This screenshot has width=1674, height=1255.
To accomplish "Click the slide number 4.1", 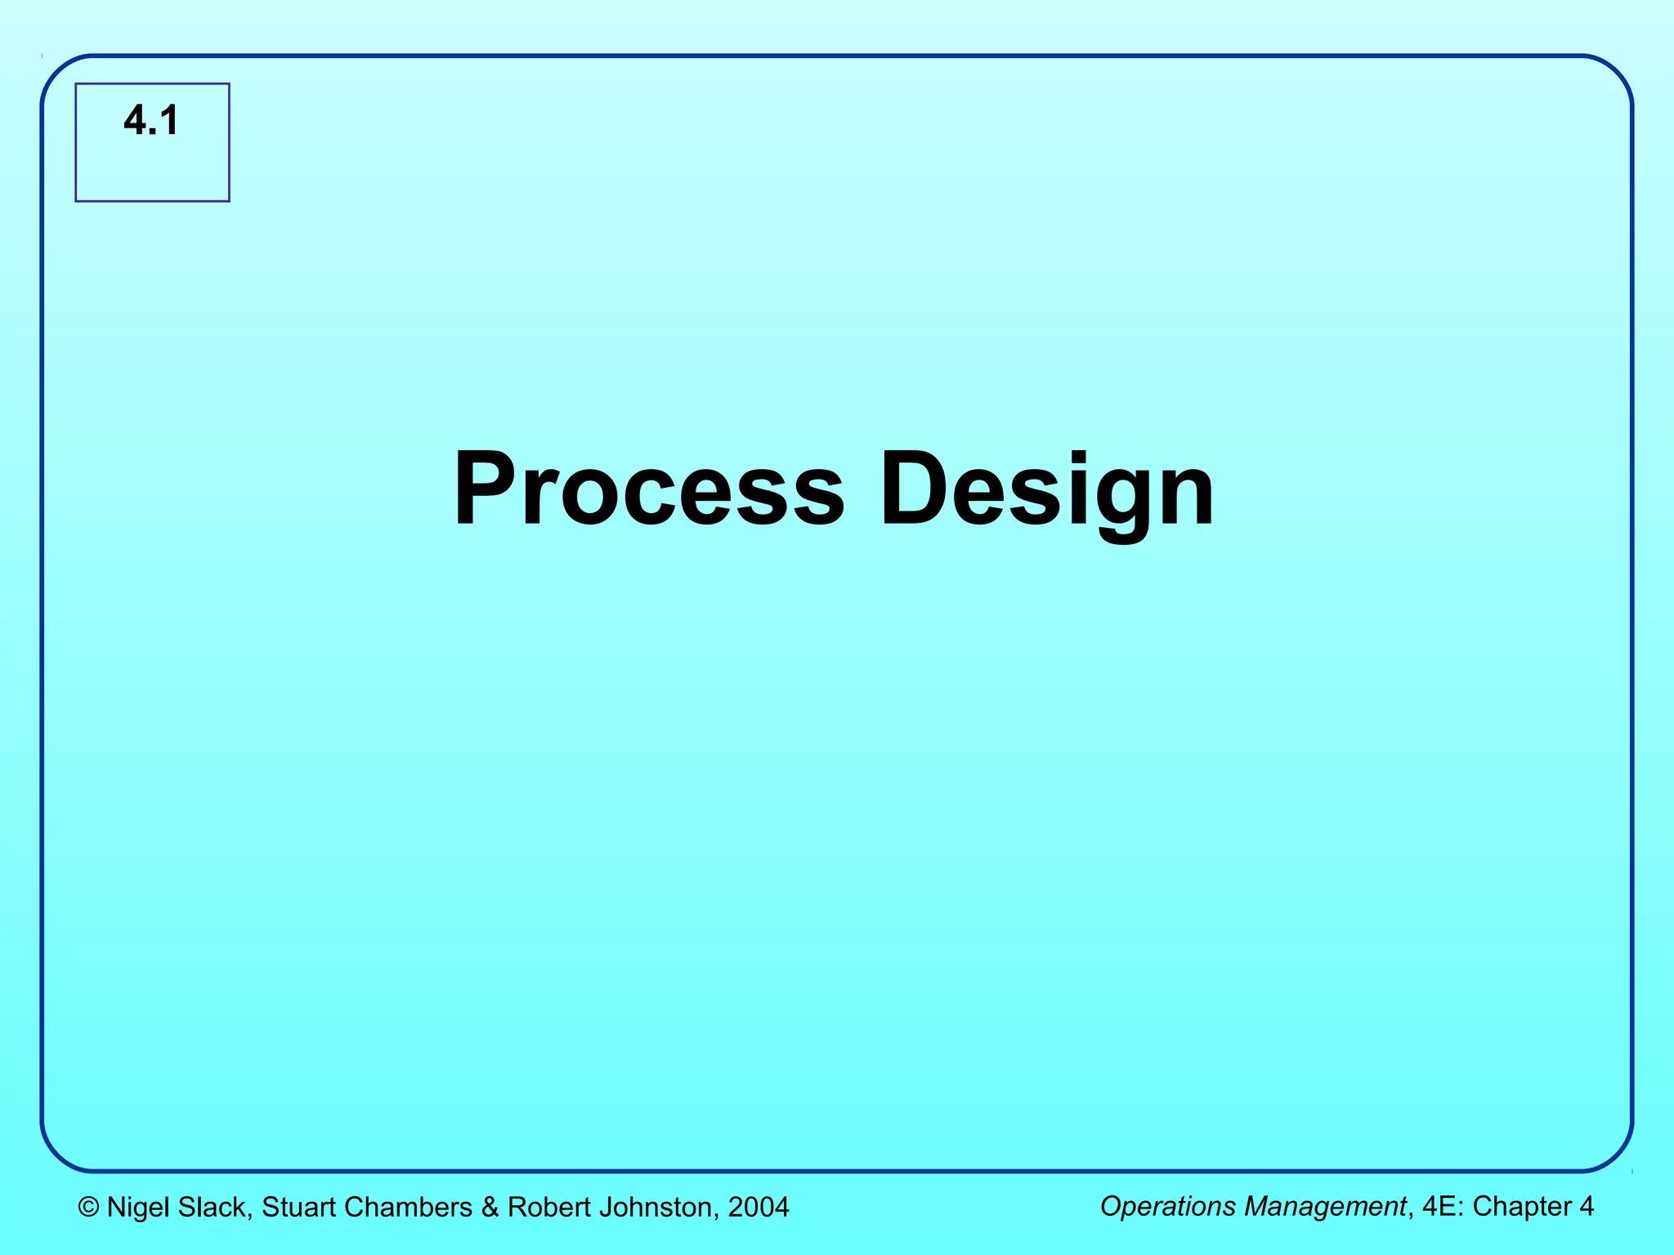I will tap(151, 121).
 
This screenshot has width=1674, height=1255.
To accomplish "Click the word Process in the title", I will tap(649, 489).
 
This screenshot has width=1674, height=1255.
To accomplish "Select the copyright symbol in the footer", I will tap(88, 1208).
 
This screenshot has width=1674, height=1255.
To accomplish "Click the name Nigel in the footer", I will tap(138, 1208).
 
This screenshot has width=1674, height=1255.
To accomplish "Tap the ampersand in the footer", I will tap(490, 1208).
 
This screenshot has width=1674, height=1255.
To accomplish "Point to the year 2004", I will tap(759, 1208).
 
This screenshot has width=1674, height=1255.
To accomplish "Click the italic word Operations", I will tap(1168, 1207).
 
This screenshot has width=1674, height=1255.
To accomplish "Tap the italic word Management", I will tap(1324, 1207).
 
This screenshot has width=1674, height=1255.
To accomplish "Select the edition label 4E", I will tap(1439, 1207).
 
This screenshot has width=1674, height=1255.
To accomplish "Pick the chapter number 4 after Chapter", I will tap(1587, 1207).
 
